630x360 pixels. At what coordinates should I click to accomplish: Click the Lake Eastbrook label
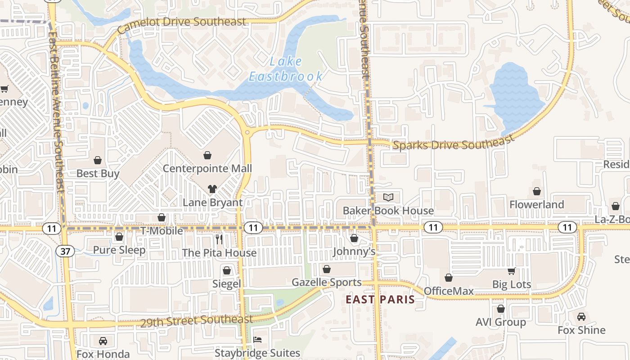pos(286,69)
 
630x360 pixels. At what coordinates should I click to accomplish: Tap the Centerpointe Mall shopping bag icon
pos(207,155)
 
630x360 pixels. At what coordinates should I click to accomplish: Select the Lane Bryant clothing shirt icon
pos(212,189)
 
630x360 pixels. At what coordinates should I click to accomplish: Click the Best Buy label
pos(98,174)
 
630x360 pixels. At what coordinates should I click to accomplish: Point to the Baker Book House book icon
pos(388,197)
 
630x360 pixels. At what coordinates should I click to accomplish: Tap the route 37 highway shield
pos(66,251)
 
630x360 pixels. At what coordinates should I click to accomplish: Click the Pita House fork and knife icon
pos(219,239)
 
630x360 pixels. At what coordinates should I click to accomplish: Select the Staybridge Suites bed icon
pos(257,339)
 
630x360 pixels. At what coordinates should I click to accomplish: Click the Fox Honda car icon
pos(103,341)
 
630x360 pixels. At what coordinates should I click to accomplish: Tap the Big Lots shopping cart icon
pos(511,271)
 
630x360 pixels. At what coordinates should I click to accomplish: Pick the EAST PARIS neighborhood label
pos(380,300)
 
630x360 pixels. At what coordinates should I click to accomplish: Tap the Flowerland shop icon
pos(536,191)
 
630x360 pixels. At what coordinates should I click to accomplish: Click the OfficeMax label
pos(449,291)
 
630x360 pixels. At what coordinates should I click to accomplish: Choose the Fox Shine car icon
pos(581,316)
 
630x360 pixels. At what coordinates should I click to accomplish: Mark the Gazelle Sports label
pos(327,283)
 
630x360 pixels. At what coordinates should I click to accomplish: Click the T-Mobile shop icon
pos(162,218)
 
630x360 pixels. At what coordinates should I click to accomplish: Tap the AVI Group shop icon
pos(500,309)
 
